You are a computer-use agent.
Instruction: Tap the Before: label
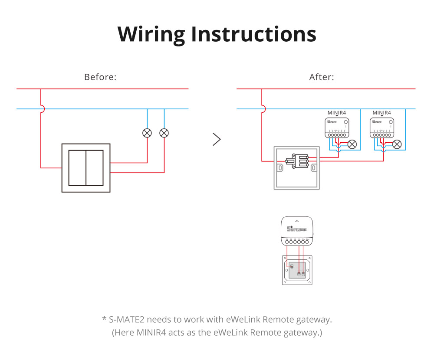coord(100,77)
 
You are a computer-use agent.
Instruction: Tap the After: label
coord(322,77)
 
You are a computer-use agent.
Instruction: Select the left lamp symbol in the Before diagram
coord(147,133)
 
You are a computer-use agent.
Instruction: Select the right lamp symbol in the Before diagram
coord(164,133)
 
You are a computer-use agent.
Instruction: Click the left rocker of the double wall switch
coord(77,168)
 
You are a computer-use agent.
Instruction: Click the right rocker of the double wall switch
coord(95,168)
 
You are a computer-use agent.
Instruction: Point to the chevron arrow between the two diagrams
coord(217,139)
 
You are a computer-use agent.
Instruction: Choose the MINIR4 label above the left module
coord(337,113)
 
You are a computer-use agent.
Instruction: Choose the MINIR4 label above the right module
coord(382,113)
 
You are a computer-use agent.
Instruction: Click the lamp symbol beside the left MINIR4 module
coord(352,144)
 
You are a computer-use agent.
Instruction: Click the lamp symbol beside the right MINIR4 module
coord(397,144)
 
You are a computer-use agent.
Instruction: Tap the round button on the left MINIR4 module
coord(345,122)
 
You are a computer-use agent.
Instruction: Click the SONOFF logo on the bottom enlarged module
coord(297,229)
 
